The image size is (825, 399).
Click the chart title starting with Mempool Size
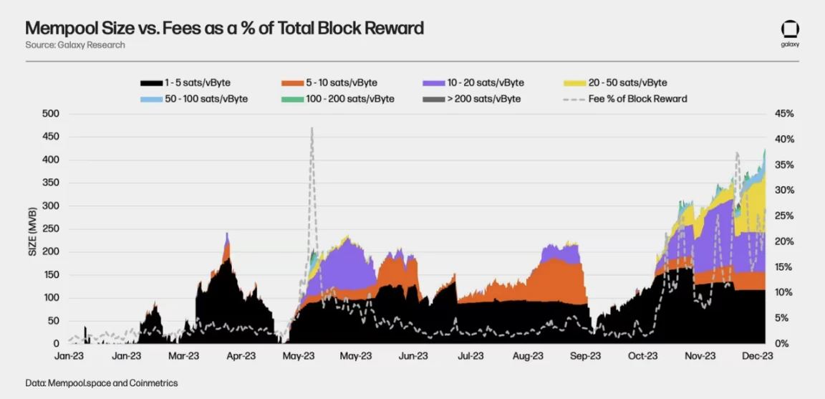[224, 28]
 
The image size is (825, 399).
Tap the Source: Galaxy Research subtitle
[75, 45]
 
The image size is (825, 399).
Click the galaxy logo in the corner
[790, 33]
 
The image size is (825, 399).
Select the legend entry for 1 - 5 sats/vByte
[186, 83]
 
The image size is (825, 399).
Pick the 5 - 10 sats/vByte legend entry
[329, 83]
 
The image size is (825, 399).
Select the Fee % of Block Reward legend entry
[626, 99]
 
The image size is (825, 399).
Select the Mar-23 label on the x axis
[183, 355]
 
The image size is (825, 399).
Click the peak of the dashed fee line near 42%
[312, 128]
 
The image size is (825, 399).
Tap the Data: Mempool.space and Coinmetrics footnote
[102, 383]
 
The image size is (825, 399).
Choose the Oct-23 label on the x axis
[642, 355]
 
